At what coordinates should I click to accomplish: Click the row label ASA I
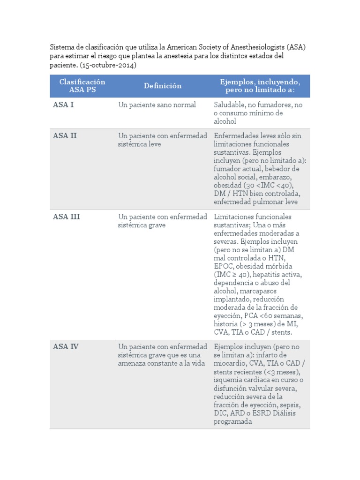pyautogui.click(x=63, y=105)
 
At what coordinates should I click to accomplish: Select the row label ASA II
pyautogui.click(x=65, y=135)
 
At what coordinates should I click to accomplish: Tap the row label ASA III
pyautogui.click(x=67, y=217)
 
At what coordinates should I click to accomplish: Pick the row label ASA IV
pyautogui.click(x=66, y=346)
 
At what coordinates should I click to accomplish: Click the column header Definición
pyautogui.click(x=163, y=86)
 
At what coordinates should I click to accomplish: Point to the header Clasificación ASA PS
pyautogui.click(x=82, y=86)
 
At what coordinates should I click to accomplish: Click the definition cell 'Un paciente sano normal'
pyautogui.click(x=157, y=105)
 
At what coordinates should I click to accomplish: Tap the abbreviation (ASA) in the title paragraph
pyautogui.click(x=296, y=47)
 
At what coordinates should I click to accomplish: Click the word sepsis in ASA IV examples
pyautogui.click(x=290, y=405)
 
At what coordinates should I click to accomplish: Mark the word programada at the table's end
pyautogui.click(x=233, y=421)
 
